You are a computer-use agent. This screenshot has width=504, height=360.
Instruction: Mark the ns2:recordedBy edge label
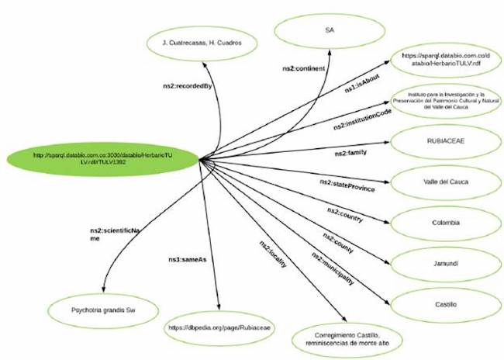tap(183, 85)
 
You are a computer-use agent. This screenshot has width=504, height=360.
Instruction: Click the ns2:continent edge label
tap(305, 68)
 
